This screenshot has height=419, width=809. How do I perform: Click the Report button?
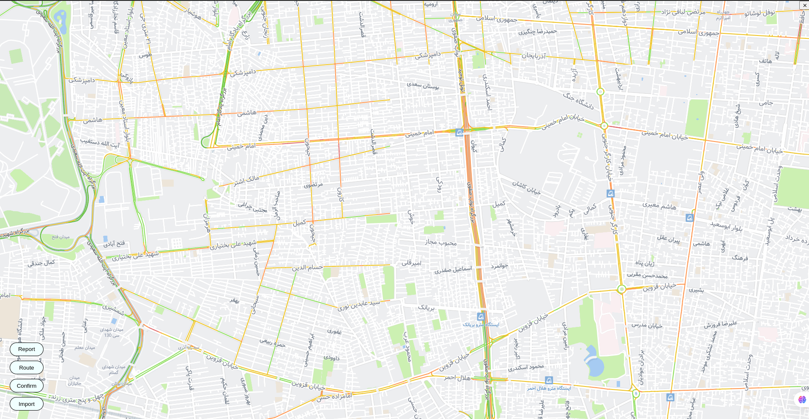27,349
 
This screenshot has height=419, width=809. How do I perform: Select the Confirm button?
27,386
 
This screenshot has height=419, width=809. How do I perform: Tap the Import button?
27,404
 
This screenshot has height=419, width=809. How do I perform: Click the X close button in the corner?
804,5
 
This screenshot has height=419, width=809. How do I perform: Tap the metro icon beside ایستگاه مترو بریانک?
481,316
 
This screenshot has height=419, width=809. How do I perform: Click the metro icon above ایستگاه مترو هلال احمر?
549,380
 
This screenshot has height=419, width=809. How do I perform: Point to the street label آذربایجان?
533,56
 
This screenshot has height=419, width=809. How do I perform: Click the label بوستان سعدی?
423,85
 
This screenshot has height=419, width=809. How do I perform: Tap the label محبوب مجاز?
441,242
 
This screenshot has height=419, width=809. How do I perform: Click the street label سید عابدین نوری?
358,305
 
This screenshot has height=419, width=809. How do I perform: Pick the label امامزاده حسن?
334,397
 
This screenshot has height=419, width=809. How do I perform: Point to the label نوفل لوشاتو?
760,13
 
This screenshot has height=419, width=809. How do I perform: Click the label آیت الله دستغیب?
100,142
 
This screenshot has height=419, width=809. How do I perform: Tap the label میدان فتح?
60,237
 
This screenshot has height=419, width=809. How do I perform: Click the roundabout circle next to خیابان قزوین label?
621,289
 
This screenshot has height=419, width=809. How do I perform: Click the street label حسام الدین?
307,268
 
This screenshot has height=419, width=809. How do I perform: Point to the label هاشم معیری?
659,206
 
